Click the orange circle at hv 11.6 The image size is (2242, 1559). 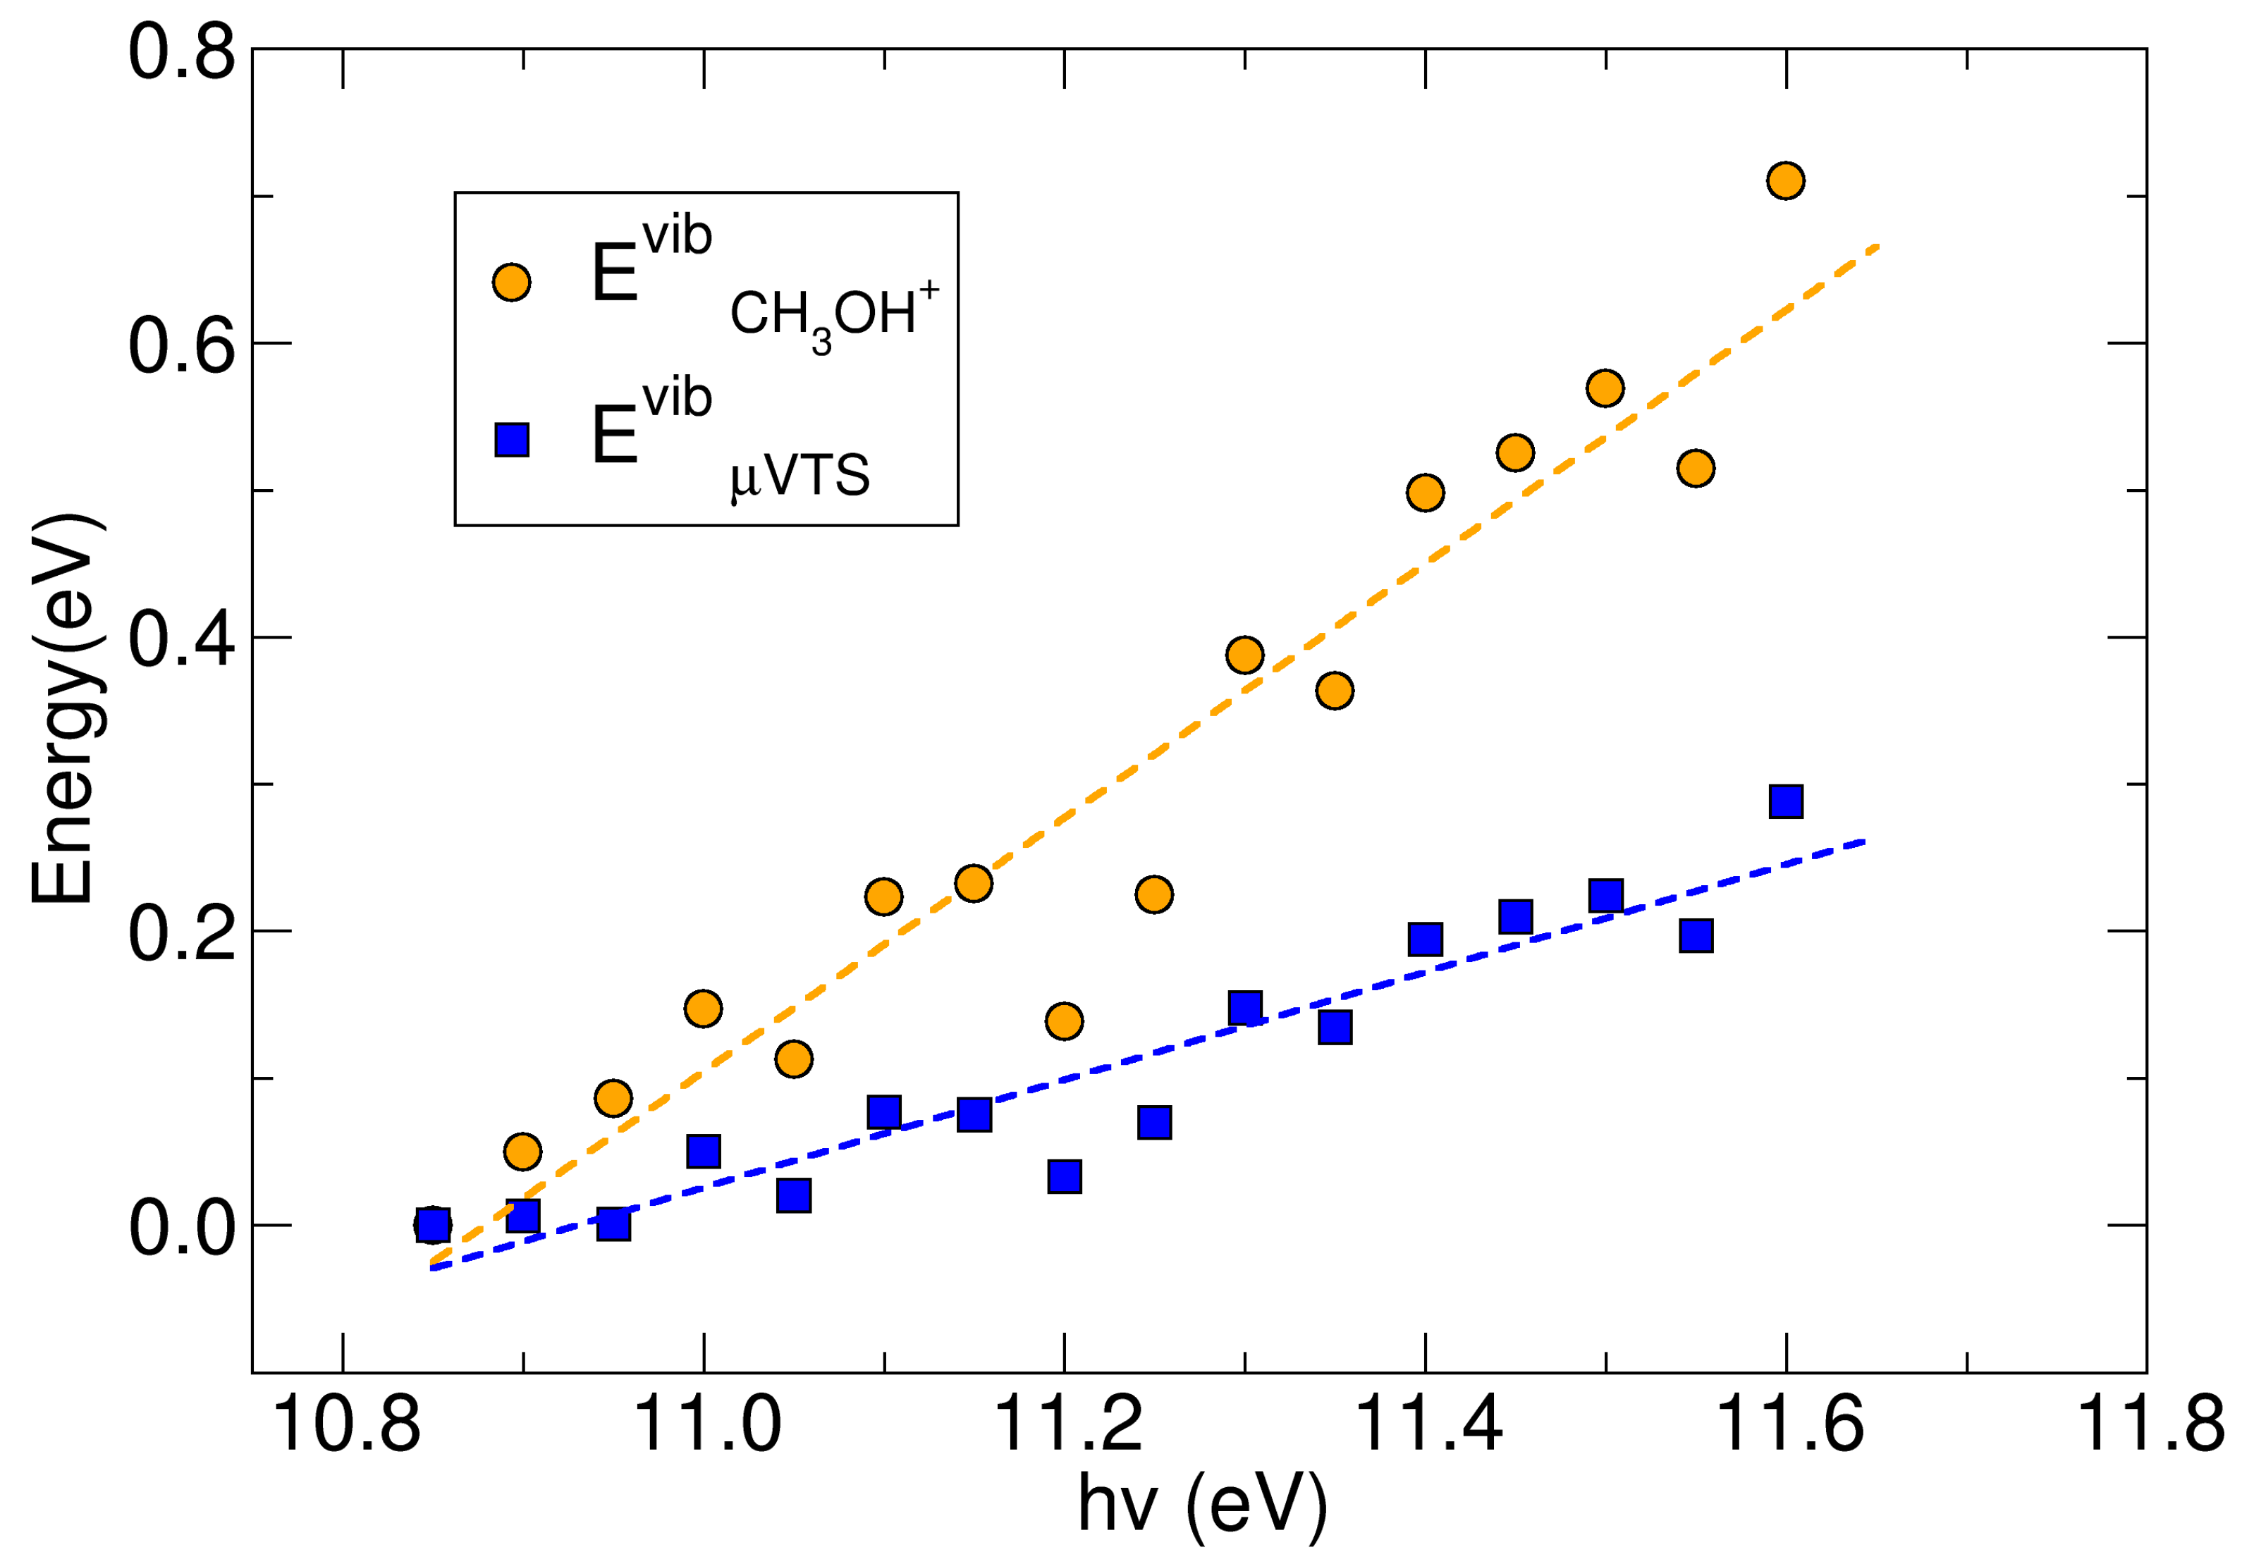click(x=1785, y=180)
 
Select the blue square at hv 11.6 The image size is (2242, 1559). click(x=1785, y=801)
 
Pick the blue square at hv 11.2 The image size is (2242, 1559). click(x=1065, y=1176)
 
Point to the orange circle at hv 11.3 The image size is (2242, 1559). click(x=1244, y=654)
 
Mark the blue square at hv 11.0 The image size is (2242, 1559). click(x=703, y=1151)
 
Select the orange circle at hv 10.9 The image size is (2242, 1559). click(x=522, y=1152)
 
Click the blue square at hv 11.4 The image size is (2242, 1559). click(x=1425, y=939)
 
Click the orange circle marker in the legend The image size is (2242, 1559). click(x=510, y=282)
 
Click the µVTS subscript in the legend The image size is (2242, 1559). click(x=800, y=477)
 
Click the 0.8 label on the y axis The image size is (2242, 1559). click(x=182, y=51)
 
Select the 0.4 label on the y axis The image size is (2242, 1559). click(x=182, y=641)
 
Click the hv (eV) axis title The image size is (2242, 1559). click(x=1202, y=1504)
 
